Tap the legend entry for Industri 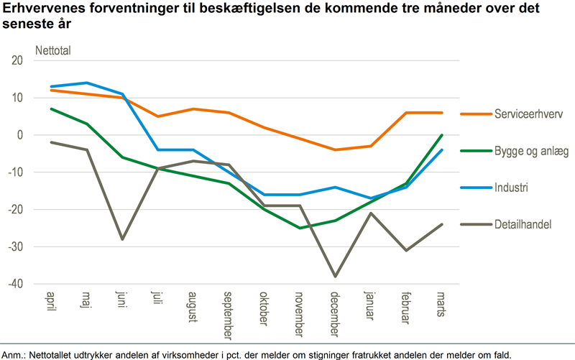coord(510,188)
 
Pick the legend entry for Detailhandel coord(522,225)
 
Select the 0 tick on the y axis coord(20,135)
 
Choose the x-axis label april coord(51,303)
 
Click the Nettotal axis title coord(54,50)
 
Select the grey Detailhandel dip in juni coord(121,239)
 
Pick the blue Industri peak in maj coord(86,83)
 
